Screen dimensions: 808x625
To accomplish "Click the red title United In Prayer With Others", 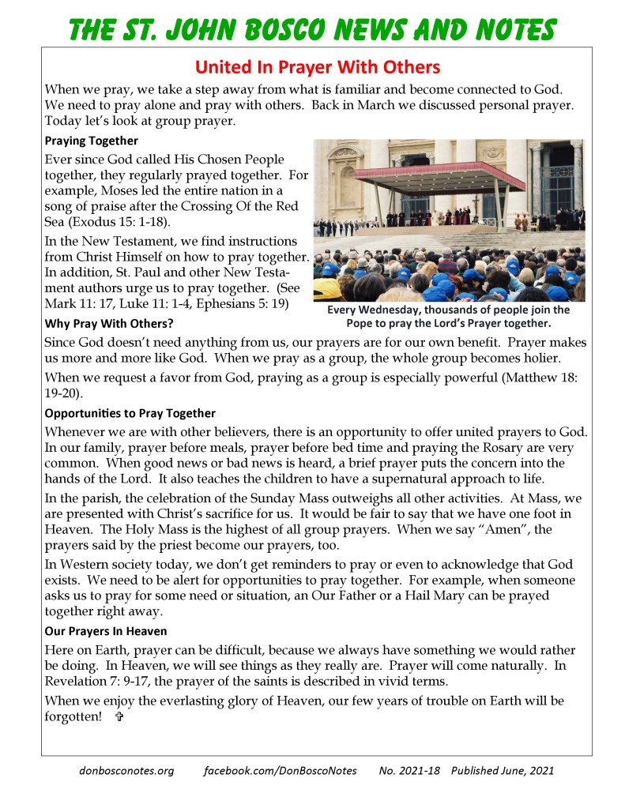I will (317, 66).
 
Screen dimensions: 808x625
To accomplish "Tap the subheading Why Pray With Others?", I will (109, 324).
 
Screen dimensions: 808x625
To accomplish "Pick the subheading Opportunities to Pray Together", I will (130, 413).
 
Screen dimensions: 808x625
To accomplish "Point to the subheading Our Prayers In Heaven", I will (106, 631).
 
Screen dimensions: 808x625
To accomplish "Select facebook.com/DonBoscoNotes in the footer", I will (280, 770).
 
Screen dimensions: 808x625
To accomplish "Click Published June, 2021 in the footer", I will (503, 770).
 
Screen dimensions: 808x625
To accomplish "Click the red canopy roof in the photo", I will (440, 173).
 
